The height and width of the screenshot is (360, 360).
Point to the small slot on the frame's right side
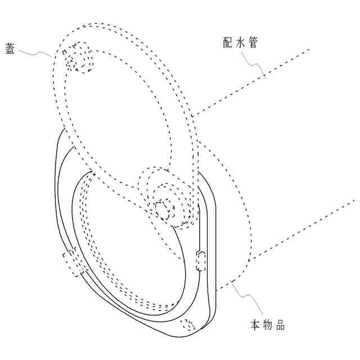click(201, 262)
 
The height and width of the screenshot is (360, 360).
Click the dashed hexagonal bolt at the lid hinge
click(165, 209)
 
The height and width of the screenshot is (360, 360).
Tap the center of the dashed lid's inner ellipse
click(115, 112)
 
